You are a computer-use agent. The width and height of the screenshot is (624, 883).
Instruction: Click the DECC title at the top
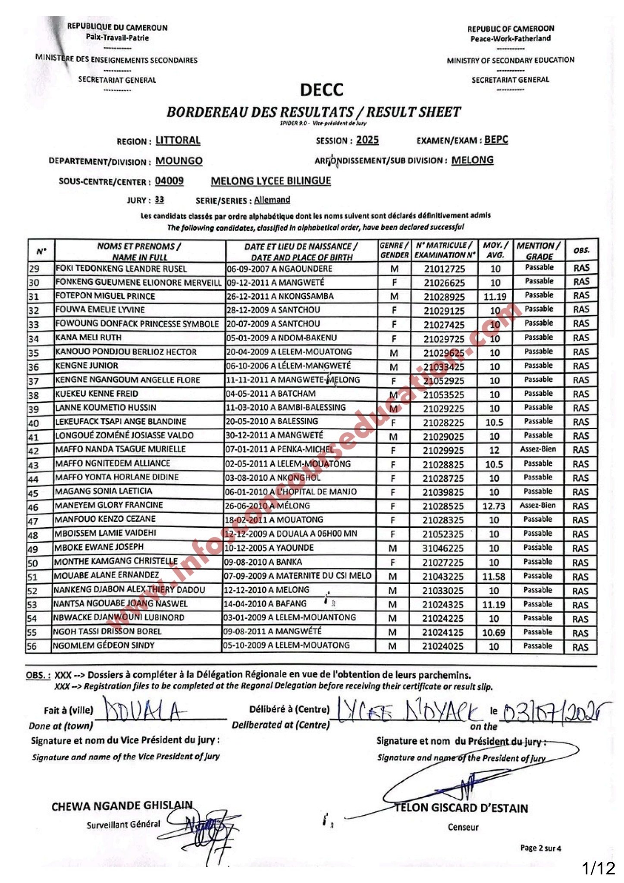(x=322, y=90)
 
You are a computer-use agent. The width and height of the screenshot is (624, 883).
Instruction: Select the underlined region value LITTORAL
(x=178, y=141)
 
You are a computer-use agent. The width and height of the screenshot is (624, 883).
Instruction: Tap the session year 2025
(x=367, y=140)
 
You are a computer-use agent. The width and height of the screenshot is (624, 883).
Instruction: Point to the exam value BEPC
(x=496, y=140)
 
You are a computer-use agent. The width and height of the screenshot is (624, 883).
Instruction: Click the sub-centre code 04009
(x=169, y=181)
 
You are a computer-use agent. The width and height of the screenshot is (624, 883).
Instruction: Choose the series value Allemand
(x=272, y=200)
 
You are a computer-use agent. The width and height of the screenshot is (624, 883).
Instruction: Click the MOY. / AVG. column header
(x=495, y=250)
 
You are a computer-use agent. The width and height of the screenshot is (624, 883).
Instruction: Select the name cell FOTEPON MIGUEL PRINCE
(x=105, y=296)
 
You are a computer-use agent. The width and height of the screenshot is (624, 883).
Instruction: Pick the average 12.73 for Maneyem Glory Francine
(x=494, y=506)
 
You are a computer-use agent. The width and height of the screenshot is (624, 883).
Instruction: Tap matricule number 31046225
(x=443, y=548)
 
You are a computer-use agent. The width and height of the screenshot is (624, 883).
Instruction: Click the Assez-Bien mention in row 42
(x=538, y=449)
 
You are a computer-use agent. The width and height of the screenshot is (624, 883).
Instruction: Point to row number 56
(x=32, y=647)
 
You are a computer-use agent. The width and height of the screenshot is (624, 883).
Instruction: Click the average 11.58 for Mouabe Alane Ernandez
(x=494, y=576)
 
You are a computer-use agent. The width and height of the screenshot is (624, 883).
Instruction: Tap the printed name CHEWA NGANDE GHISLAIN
(x=122, y=806)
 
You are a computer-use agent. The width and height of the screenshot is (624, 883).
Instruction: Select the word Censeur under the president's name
(x=463, y=827)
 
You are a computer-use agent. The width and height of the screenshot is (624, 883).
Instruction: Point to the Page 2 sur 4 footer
(x=541, y=848)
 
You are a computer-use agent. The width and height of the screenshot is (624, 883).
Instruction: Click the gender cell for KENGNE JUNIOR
(x=394, y=367)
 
